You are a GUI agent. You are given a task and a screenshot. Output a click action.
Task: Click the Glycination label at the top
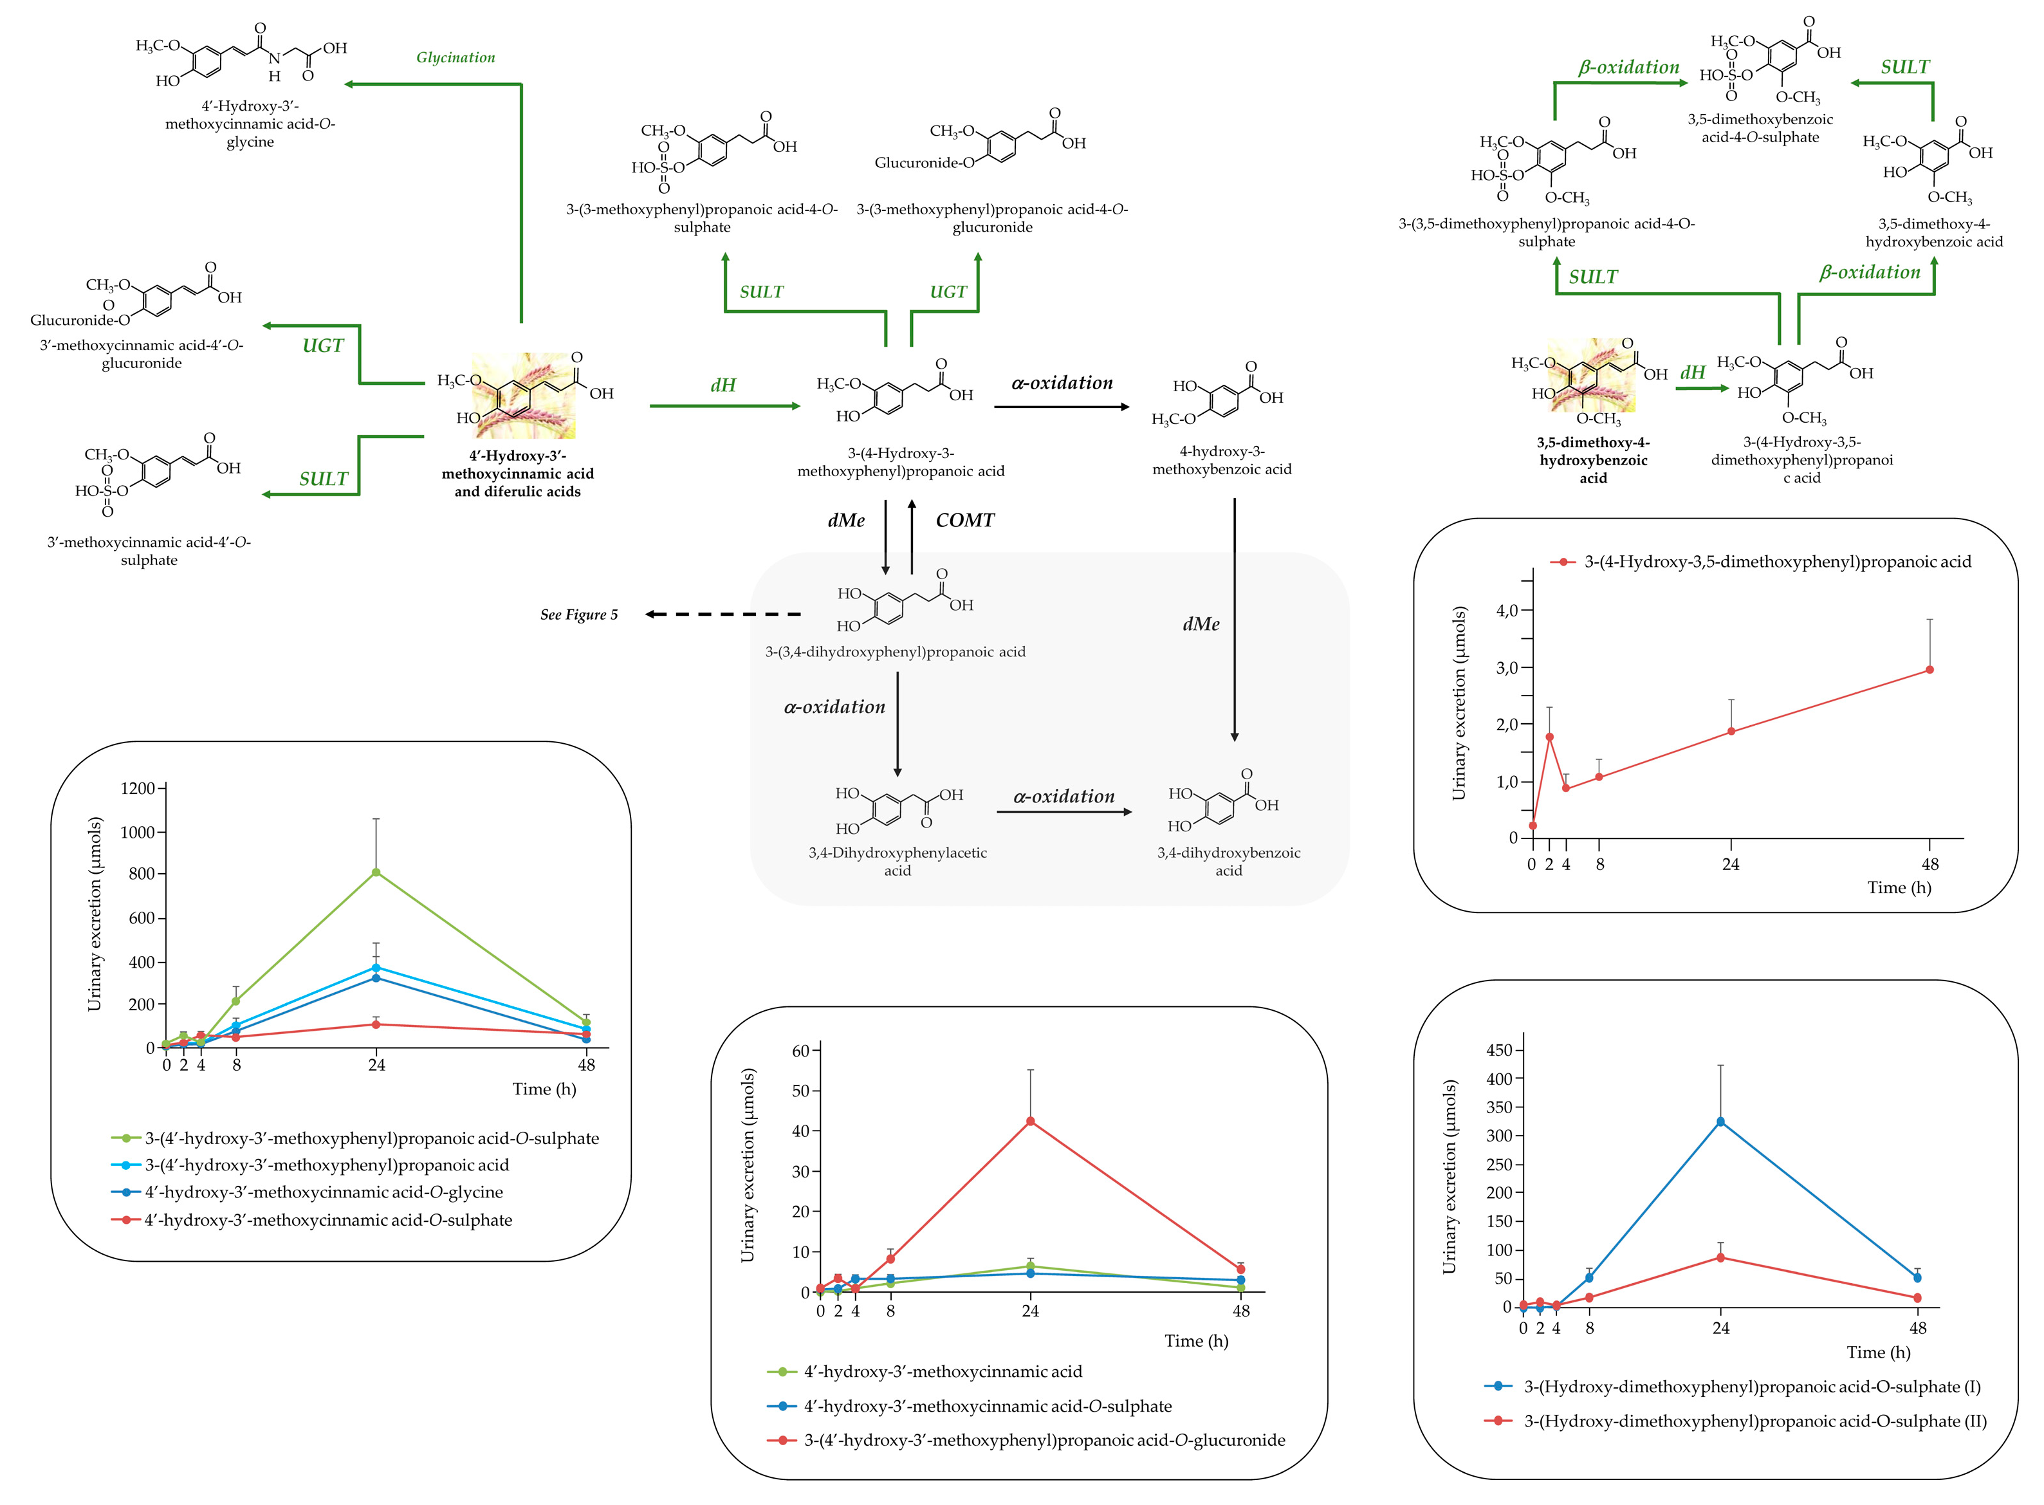click(456, 57)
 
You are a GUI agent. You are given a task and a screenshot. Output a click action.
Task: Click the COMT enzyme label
click(964, 520)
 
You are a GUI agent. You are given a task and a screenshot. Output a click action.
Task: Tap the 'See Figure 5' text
click(578, 615)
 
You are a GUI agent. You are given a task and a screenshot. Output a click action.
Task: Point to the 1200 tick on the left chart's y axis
click(138, 789)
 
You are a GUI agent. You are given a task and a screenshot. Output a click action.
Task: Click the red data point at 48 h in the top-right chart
click(1929, 670)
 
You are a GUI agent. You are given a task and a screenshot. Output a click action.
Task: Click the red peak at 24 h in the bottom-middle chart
click(1030, 1122)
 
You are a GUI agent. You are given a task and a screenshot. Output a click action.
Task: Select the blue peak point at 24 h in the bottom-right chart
click(1720, 1122)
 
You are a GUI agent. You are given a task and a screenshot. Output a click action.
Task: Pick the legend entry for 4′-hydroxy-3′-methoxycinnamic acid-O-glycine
click(324, 1192)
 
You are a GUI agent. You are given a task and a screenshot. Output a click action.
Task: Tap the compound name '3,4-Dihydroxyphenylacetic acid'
click(898, 861)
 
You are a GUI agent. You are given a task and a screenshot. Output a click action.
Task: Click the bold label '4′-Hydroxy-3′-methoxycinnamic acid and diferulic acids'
click(517, 474)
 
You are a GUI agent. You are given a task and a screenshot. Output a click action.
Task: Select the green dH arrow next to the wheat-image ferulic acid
click(724, 405)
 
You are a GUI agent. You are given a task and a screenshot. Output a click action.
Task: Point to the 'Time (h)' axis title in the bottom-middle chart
click(1196, 1341)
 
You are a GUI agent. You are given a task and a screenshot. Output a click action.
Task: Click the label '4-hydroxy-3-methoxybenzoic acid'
click(1222, 460)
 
